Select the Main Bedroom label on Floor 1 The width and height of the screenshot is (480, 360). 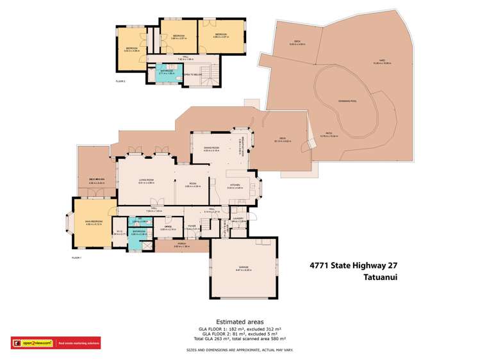point(94,222)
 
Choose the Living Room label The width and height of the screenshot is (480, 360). point(147,181)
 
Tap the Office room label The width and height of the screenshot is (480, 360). point(168,227)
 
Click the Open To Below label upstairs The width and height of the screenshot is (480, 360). point(190,74)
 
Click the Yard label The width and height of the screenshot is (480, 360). point(387,61)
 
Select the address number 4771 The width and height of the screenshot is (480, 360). point(320,265)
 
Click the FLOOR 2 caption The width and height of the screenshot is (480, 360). point(120,81)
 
